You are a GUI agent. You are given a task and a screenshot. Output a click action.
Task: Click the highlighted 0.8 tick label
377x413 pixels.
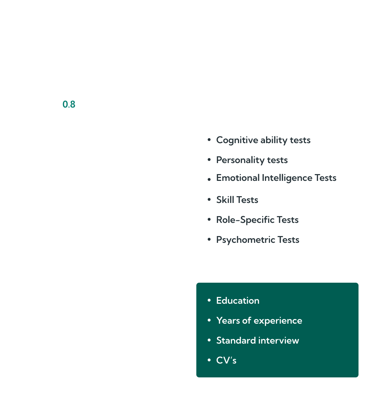69,104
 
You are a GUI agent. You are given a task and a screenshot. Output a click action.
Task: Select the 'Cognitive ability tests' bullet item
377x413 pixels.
263,140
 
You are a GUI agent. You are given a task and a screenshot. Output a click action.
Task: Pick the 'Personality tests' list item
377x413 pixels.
252,160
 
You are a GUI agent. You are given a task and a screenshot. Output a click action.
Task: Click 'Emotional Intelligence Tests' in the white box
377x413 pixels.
276,178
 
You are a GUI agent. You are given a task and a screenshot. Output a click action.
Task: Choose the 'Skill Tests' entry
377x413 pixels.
237,200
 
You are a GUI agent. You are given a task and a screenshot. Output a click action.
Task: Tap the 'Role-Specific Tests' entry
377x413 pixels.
257,220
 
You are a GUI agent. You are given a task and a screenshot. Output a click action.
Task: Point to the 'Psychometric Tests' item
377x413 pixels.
257,240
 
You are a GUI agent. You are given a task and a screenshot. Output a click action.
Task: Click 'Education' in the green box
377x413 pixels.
238,300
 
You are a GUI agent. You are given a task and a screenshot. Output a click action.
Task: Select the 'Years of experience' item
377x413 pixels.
259,320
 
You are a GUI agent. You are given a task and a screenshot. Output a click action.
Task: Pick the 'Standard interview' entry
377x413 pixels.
257,340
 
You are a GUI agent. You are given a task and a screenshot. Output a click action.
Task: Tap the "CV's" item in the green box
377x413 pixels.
226,360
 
